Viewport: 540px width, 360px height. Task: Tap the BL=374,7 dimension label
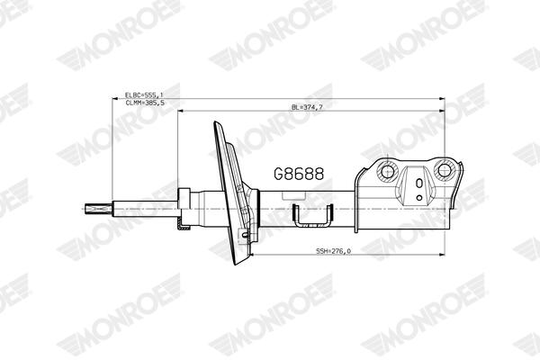pos(307,107)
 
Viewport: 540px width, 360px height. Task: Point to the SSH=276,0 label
pos(332,250)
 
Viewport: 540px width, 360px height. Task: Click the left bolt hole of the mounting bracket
pos(388,170)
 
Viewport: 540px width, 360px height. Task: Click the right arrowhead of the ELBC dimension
pos(442,98)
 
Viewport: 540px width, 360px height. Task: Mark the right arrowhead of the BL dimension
pos(442,112)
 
